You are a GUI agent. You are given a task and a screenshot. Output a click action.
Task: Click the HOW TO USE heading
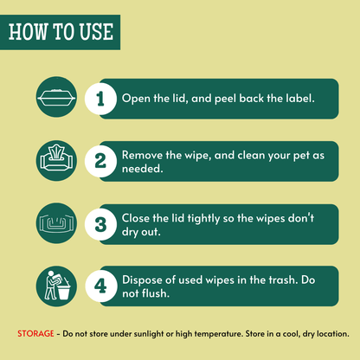pos(61,31)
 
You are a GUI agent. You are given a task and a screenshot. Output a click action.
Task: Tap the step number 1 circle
pos(100,99)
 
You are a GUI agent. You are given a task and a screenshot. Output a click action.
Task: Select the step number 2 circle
pos(100,161)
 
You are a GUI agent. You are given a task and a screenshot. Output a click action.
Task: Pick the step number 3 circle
pos(100,224)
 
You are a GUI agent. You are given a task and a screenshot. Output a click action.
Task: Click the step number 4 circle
pos(101,286)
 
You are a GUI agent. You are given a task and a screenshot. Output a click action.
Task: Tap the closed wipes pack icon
pos(56,97)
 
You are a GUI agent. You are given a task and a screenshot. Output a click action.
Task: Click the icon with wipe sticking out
pos(56,158)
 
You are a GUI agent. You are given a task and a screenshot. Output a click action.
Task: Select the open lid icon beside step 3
pos(56,223)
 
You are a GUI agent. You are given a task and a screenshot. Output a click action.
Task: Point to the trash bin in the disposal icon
pos(64,292)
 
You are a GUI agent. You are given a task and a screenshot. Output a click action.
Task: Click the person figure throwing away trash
pos(52,285)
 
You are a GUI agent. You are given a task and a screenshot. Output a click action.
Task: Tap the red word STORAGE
pos(35,334)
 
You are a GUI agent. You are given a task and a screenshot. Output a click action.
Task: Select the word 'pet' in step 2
pos(302,156)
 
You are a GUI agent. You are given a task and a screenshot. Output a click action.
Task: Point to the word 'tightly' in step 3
pos(203,219)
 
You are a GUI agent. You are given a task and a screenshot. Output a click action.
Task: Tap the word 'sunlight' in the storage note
pos(147,334)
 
